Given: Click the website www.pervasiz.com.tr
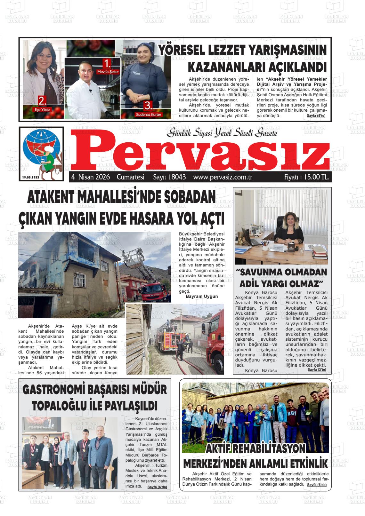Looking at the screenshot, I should tap(223, 177).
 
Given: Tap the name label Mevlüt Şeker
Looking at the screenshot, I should tap(108, 72).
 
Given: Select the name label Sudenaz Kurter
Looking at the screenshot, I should tap(149, 114).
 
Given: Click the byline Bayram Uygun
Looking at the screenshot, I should tap(202, 296).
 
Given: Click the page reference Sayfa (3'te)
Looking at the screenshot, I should tap(317, 369).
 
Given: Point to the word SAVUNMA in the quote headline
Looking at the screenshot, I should tap(259, 273).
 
